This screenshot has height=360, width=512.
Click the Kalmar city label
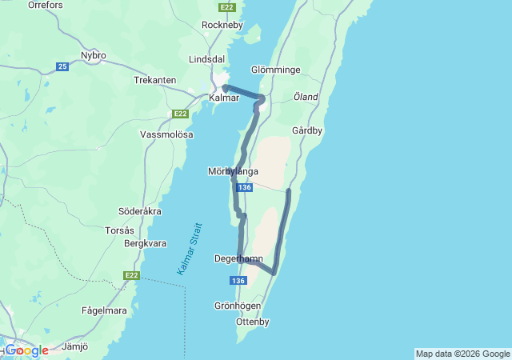(x=223, y=98)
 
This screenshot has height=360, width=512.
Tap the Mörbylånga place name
(x=233, y=171)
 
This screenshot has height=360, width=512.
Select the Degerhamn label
(x=238, y=258)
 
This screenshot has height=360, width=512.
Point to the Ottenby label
(x=253, y=322)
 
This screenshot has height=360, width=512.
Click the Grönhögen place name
(x=238, y=306)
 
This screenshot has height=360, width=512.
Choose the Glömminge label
(x=274, y=70)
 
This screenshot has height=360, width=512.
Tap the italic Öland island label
(x=306, y=98)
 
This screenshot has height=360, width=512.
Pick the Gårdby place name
(x=307, y=130)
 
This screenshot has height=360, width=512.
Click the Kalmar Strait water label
(x=190, y=249)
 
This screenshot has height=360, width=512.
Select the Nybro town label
(x=94, y=55)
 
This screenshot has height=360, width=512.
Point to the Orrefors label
(x=45, y=5)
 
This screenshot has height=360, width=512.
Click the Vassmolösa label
(x=166, y=134)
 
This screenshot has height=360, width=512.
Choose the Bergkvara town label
(x=145, y=242)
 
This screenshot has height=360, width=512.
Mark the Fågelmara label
(x=104, y=310)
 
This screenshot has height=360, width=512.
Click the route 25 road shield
(x=62, y=66)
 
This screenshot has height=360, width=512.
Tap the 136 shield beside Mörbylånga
(x=245, y=187)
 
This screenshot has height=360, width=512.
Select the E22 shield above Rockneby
(x=227, y=7)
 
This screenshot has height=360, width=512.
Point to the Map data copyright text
(x=462, y=354)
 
